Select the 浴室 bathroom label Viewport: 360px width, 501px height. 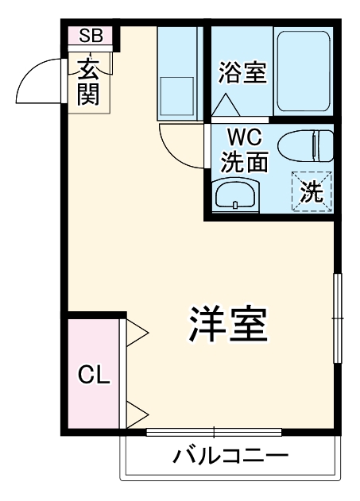click(x=242, y=73)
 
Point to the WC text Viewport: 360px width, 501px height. click(x=242, y=136)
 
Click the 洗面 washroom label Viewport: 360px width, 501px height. click(x=243, y=162)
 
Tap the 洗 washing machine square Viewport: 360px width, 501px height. click(x=312, y=191)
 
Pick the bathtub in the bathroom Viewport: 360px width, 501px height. click(x=304, y=72)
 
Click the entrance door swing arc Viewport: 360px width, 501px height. click(x=38, y=79)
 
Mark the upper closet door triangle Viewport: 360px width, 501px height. click(x=136, y=332)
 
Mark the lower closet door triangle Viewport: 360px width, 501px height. click(x=136, y=414)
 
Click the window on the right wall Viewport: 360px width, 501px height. click(x=337, y=318)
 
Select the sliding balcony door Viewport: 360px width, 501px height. click(x=215, y=433)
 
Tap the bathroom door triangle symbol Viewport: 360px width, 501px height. click(x=224, y=106)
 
